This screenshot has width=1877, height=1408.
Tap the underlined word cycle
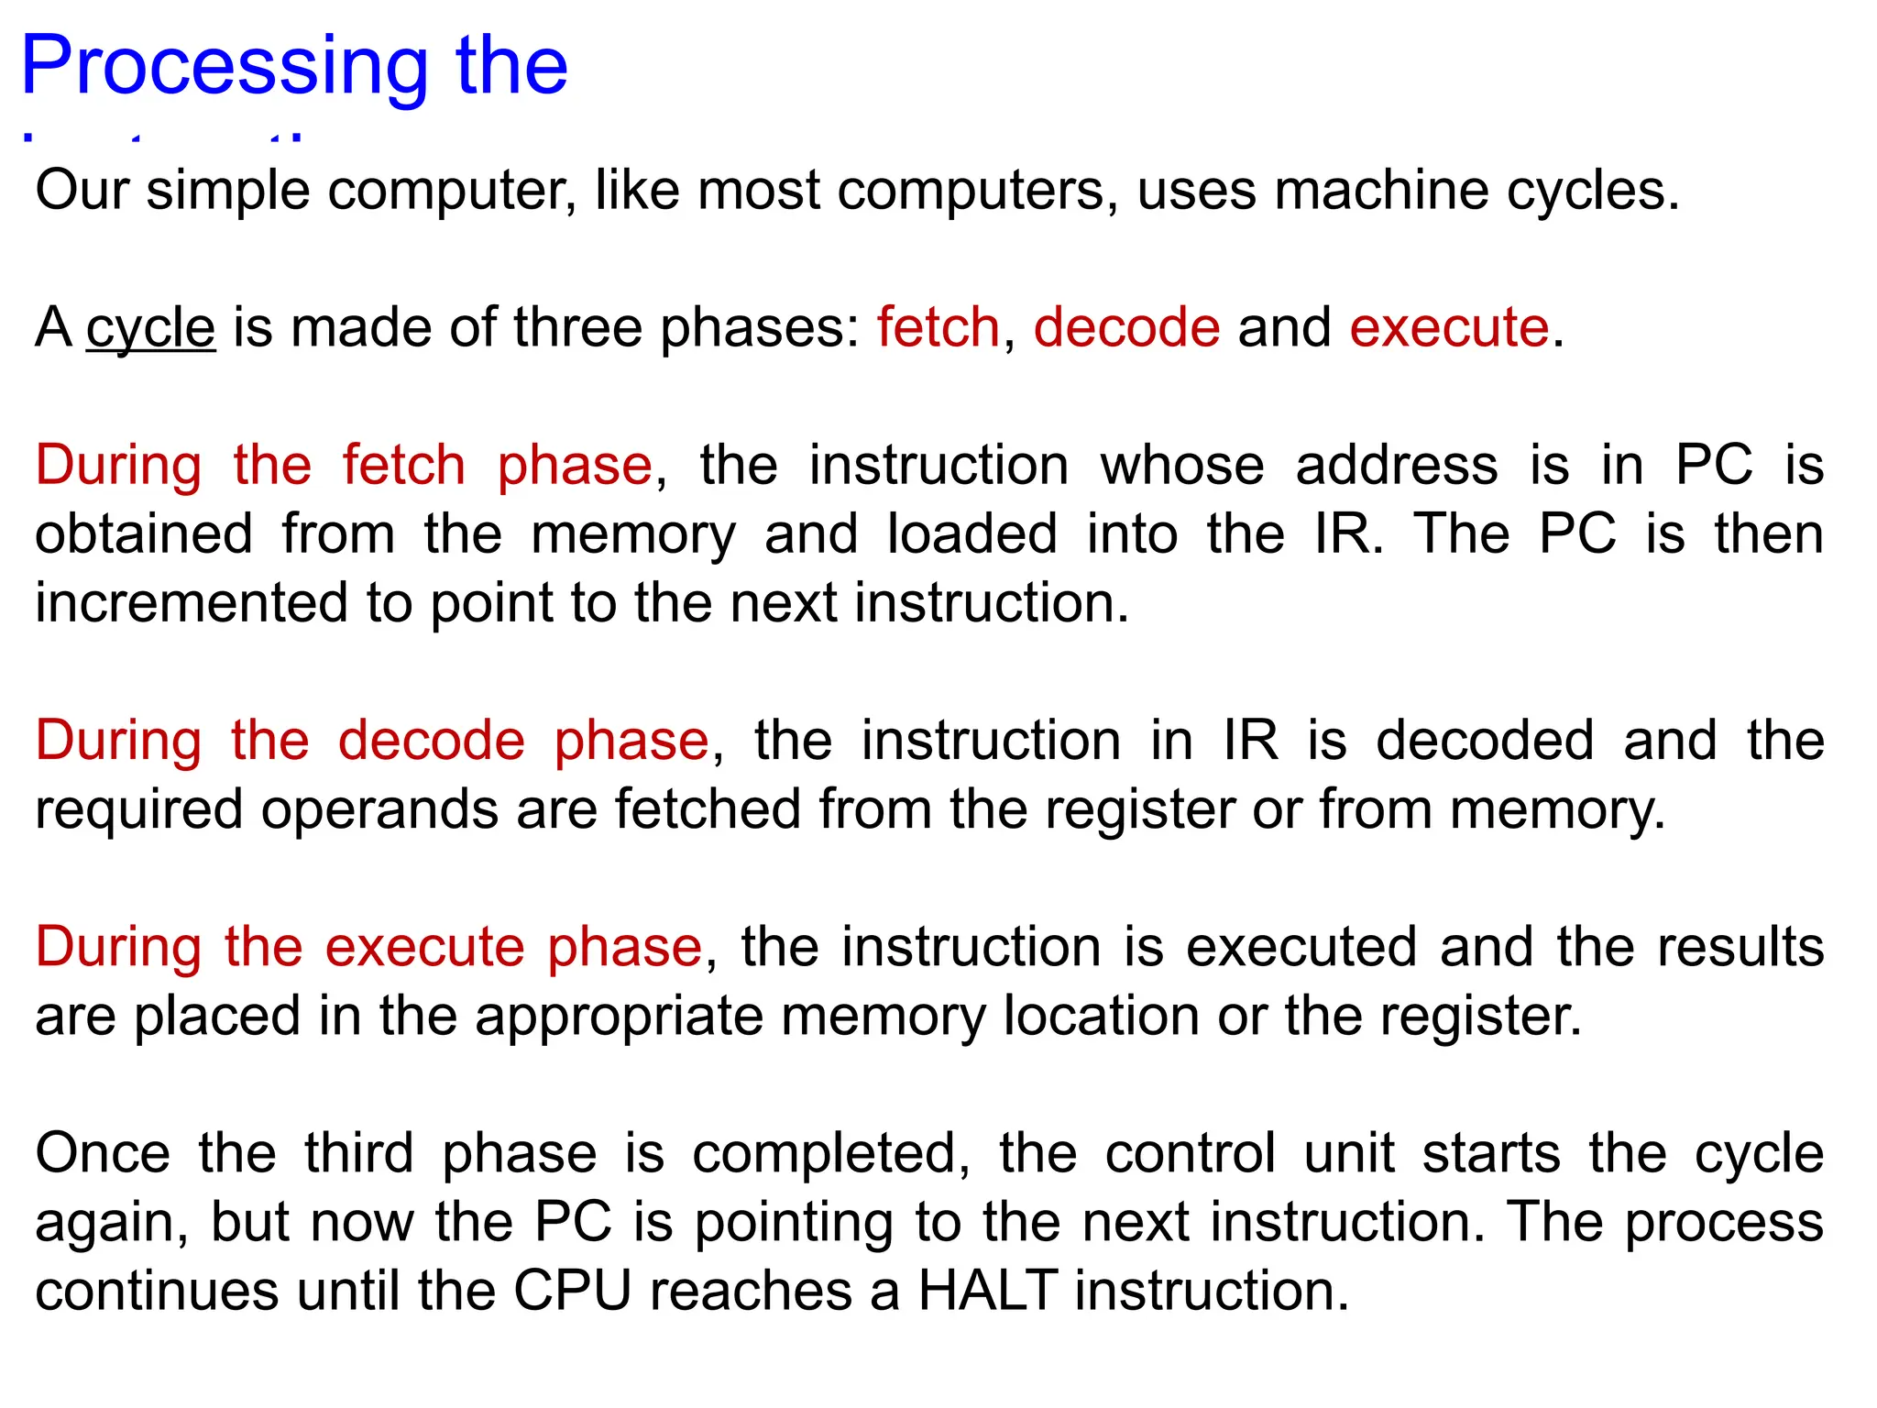pyautogui.click(x=150, y=328)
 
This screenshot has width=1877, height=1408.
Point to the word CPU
pyautogui.click(x=573, y=1291)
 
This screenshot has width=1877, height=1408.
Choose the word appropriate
pyautogui.click(x=619, y=1017)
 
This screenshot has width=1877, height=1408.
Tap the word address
pyautogui.click(x=1397, y=466)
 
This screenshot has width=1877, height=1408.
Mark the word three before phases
pyautogui.click(x=577, y=328)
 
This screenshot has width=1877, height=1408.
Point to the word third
pyautogui.click(x=358, y=1153)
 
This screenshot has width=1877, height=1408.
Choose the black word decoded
pyautogui.click(x=1485, y=741)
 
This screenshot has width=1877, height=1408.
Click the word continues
pyautogui.click(x=157, y=1291)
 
